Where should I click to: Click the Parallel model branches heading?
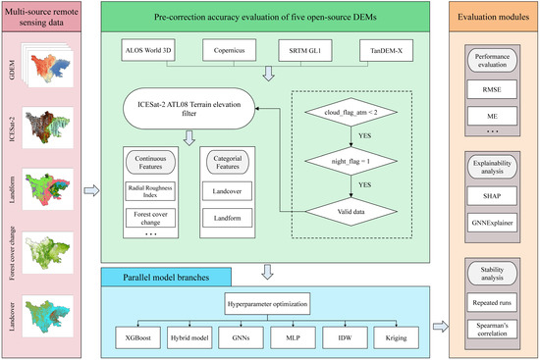pyautogui.click(x=171, y=254)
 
